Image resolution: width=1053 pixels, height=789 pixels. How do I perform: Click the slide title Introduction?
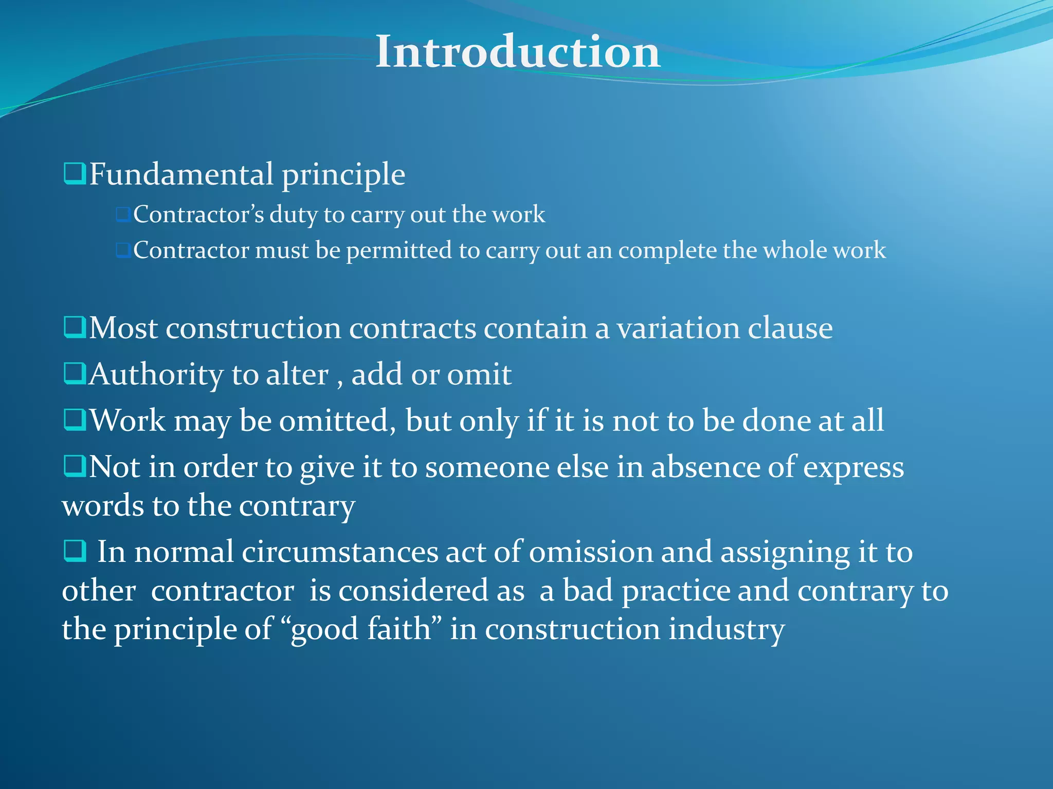point(518,52)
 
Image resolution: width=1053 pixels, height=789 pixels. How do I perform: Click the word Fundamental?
point(181,175)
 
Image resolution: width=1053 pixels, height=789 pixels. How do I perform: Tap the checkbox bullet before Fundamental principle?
point(75,174)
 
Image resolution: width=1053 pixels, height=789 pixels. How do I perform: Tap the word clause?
point(790,328)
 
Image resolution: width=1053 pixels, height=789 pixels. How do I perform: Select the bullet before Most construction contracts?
point(75,327)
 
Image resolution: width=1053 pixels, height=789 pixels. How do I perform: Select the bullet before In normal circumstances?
point(75,552)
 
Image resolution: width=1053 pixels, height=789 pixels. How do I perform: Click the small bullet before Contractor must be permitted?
point(122,251)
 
